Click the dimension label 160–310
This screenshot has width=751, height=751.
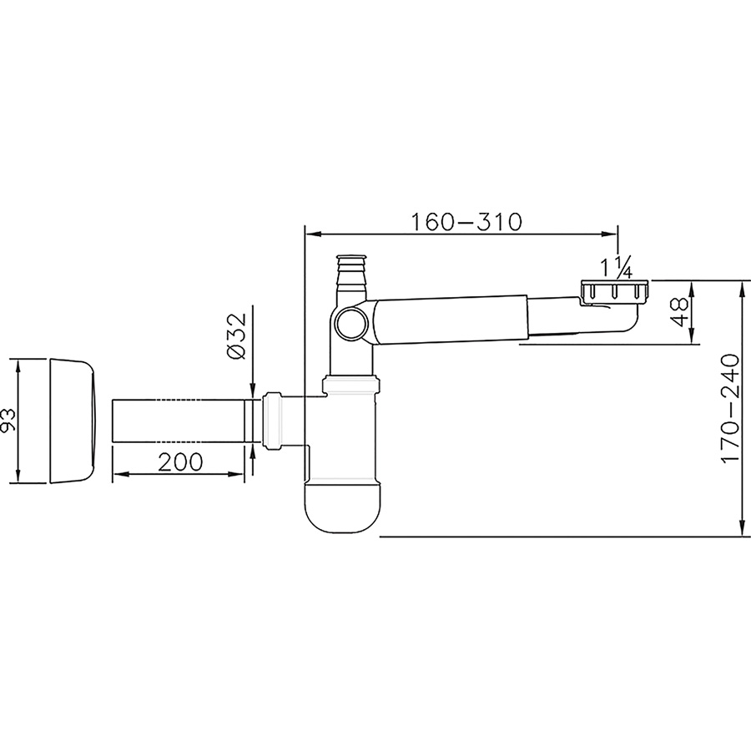[x=466, y=222]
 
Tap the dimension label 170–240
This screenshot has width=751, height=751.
[x=730, y=409]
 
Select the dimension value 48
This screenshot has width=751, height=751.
[x=679, y=312]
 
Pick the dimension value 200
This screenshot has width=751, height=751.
[x=180, y=461]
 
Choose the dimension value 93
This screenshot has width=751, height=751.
[x=8, y=420]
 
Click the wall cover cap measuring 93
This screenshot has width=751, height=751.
[x=73, y=420]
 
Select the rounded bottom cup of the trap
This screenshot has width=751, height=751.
[x=343, y=507]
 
